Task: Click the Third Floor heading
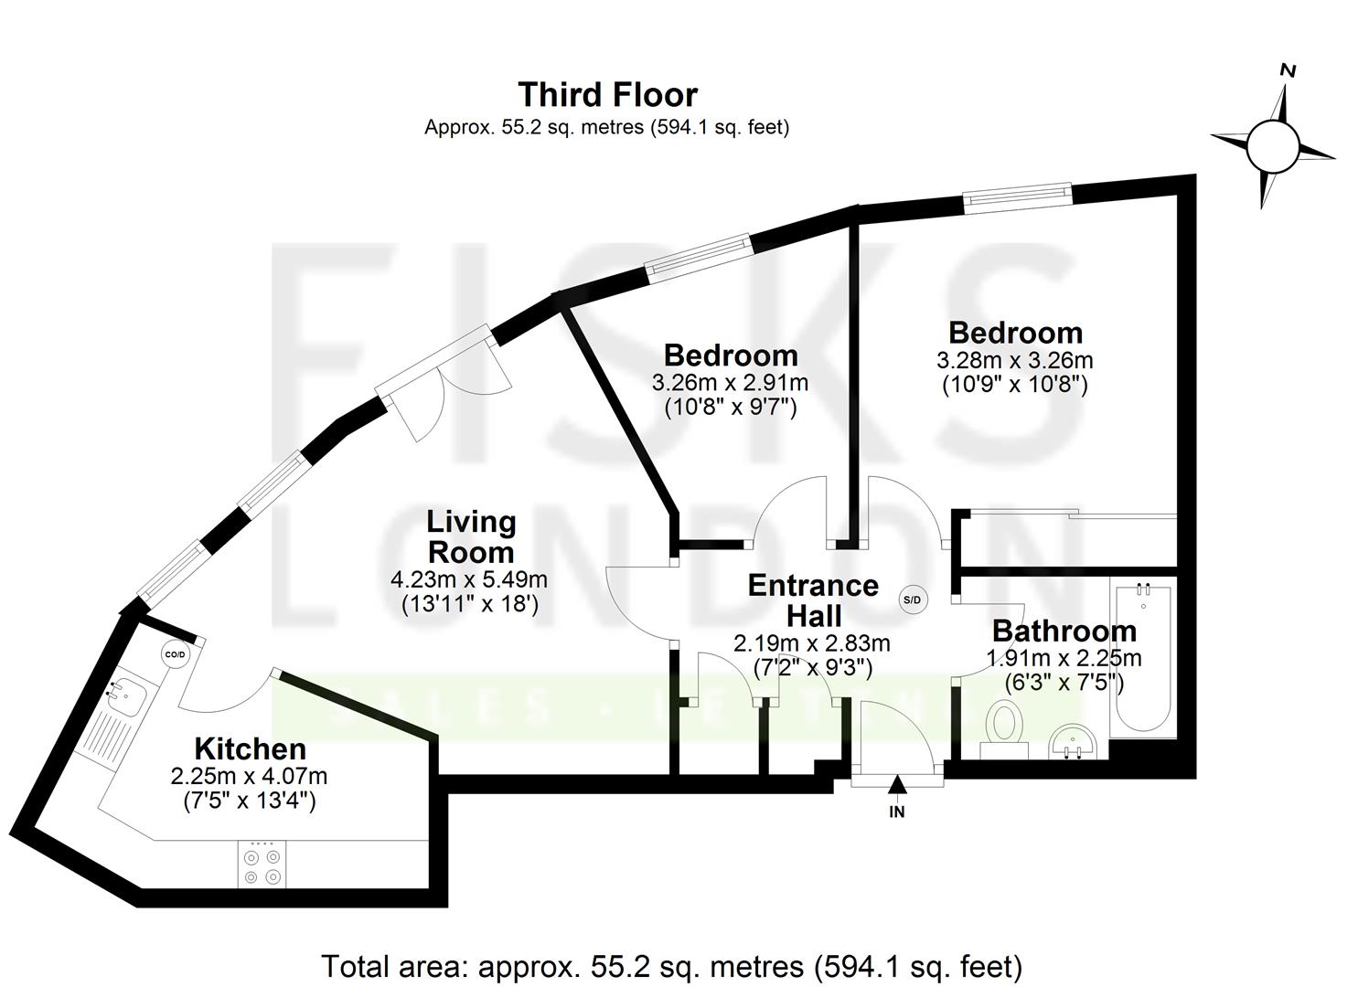click(607, 95)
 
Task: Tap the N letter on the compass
click(1288, 70)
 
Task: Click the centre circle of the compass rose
click(1272, 145)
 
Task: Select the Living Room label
click(471, 537)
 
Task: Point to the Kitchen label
click(250, 749)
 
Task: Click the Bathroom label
click(1064, 631)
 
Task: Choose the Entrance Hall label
click(812, 600)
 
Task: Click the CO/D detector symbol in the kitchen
click(174, 654)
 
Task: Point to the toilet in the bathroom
click(1004, 727)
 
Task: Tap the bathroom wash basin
click(1074, 740)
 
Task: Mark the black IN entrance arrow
click(897, 783)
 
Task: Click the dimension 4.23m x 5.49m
click(468, 579)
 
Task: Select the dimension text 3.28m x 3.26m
click(1014, 360)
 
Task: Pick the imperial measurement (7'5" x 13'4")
click(249, 801)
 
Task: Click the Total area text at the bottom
click(671, 966)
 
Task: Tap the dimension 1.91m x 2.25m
click(1063, 658)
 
